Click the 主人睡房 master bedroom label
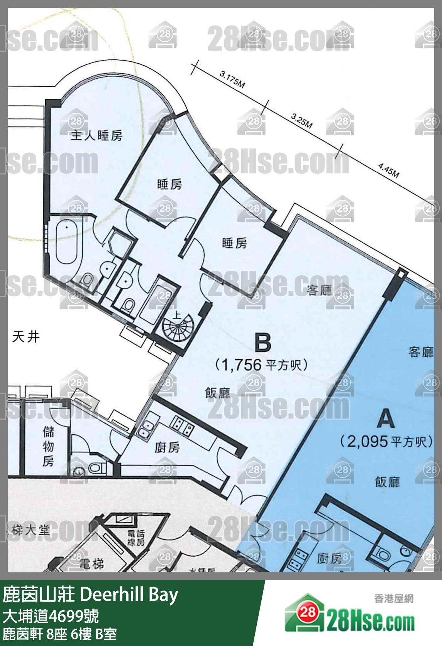tap(97, 135)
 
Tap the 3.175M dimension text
tap(232, 79)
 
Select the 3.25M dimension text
tap(302, 121)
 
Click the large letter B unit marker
tap(263, 342)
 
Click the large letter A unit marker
tap(386, 418)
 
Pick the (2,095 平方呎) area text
tap(386, 441)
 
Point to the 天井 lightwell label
tap(26, 337)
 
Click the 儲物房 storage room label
tap(48, 446)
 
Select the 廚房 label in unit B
tap(167, 447)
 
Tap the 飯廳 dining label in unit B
tap(217, 393)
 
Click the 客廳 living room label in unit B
tap(319, 290)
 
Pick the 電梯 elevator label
tap(92, 564)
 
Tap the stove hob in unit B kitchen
tap(182, 425)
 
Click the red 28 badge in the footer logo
tap(308, 612)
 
